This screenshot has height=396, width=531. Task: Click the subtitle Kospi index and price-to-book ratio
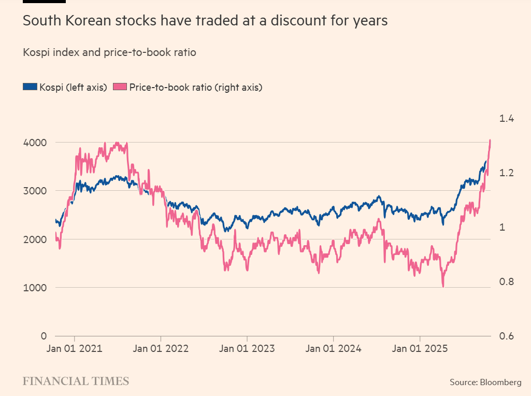tap(109, 52)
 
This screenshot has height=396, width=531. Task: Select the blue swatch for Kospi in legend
tap(30, 87)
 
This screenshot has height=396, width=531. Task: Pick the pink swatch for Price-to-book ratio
tap(120, 87)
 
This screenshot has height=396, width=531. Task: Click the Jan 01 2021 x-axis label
tap(75, 349)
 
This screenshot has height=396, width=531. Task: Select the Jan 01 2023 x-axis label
tap(247, 349)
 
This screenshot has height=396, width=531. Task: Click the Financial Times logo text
tap(76, 381)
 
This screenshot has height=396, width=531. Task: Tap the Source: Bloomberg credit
tap(485, 382)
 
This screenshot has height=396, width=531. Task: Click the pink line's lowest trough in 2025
tap(443, 286)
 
